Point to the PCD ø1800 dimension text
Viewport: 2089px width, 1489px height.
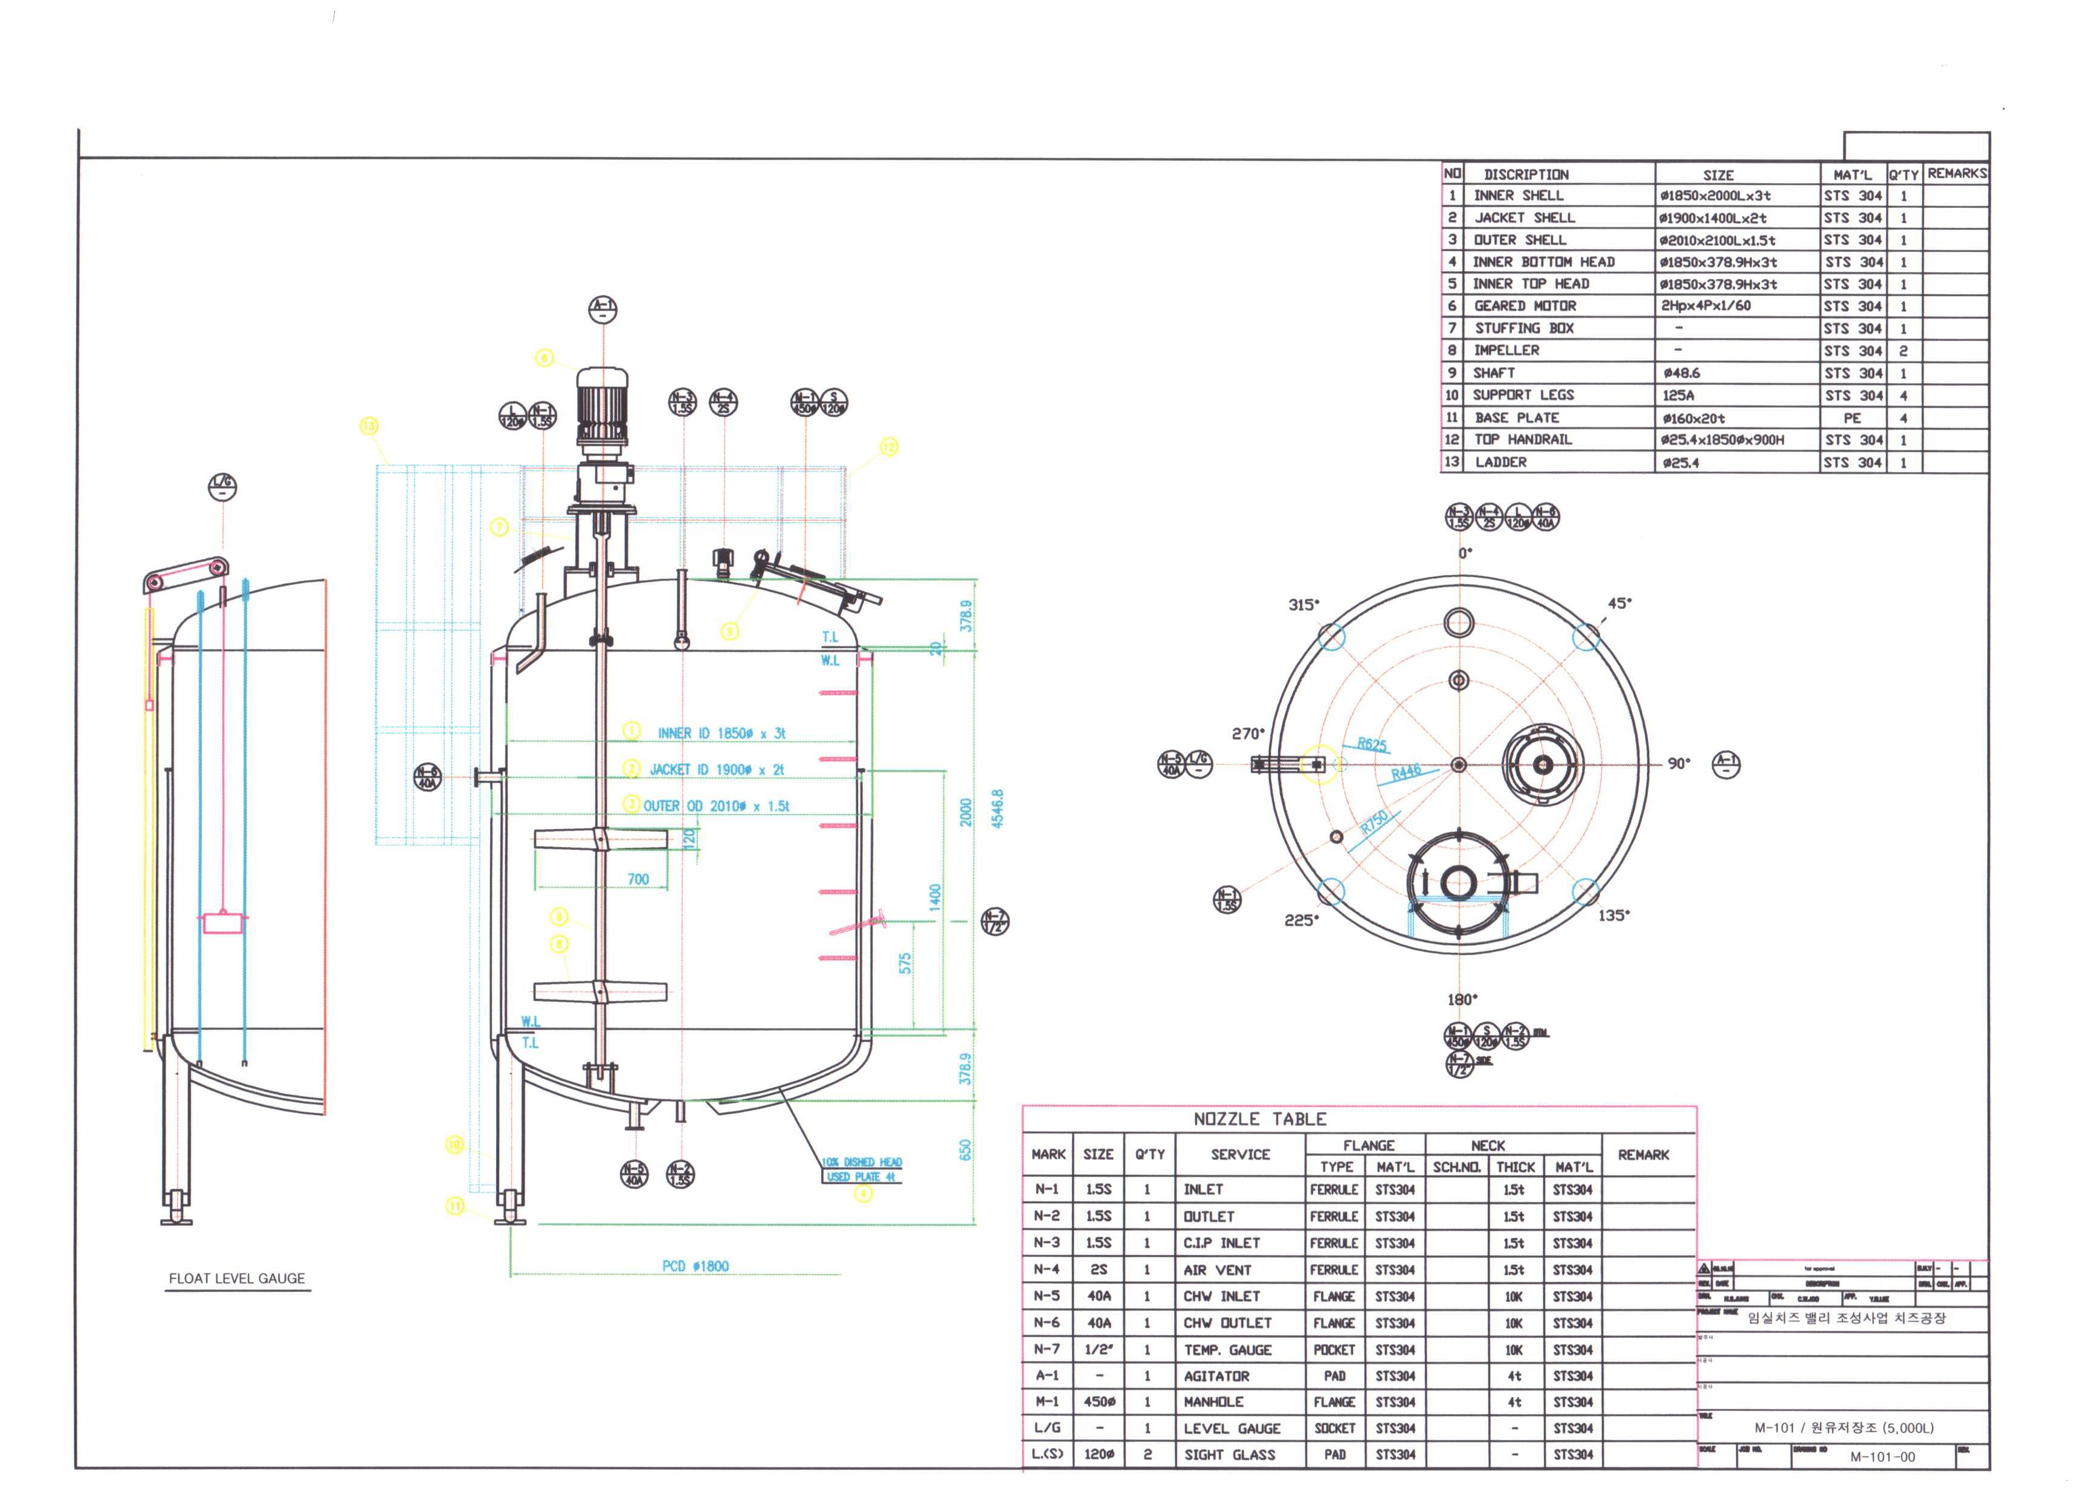[696, 1266]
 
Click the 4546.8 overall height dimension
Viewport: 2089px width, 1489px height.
[997, 808]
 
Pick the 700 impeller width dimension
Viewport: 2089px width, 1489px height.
[638, 879]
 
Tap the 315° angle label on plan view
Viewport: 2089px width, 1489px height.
[1303, 604]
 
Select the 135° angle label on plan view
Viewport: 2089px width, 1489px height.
[1614, 915]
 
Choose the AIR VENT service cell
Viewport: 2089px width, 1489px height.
[1217, 1270]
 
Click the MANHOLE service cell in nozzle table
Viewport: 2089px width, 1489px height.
[1213, 1402]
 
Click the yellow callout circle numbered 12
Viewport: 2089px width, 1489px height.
[889, 447]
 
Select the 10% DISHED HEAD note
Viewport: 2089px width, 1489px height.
[862, 1161]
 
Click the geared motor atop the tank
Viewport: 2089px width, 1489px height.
[601, 408]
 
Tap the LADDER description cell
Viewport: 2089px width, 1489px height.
[1500, 462]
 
